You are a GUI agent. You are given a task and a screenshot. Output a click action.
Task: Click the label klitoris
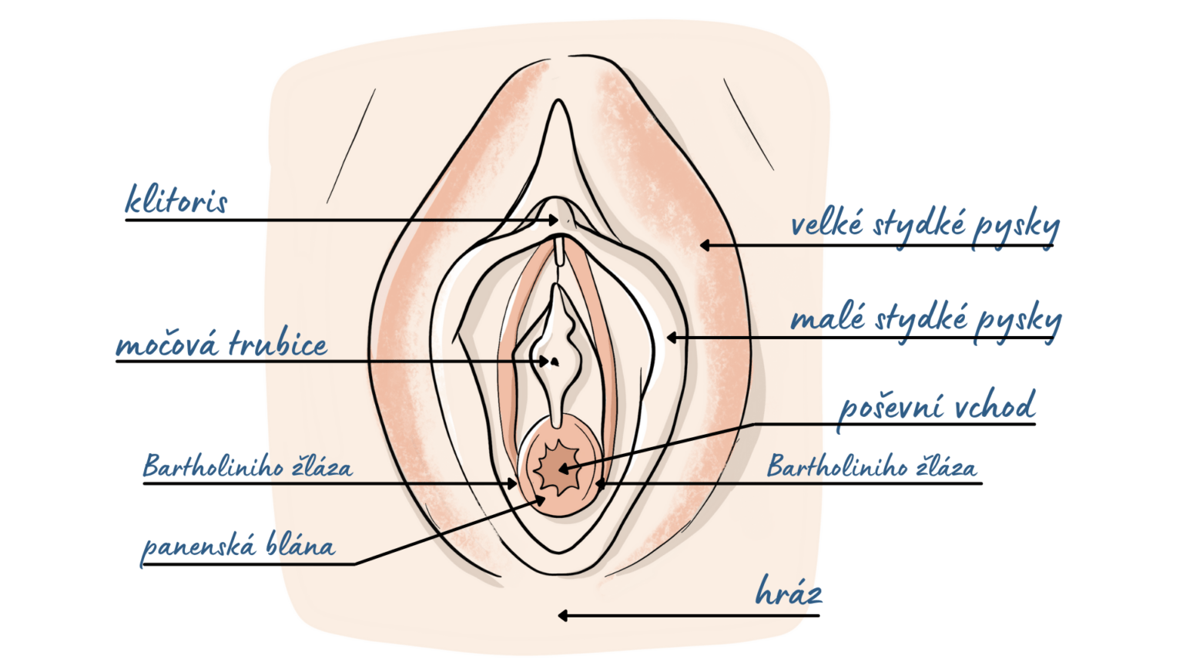click(176, 200)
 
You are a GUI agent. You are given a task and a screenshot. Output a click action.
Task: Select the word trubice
click(278, 343)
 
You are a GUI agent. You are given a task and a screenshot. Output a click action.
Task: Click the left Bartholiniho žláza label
click(247, 466)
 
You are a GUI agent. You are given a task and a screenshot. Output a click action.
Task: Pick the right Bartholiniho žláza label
click(871, 466)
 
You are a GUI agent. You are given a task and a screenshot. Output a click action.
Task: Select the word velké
click(827, 224)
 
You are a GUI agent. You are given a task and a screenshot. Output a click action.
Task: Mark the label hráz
click(788, 592)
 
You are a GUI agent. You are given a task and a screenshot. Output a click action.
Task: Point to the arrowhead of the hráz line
click(563, 615)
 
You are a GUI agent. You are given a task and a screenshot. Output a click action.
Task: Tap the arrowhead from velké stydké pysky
click(704, 245)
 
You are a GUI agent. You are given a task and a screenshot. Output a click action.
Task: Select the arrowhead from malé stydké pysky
click(672, 337)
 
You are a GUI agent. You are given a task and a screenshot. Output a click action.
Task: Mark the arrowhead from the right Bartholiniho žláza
click(601, 484)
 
